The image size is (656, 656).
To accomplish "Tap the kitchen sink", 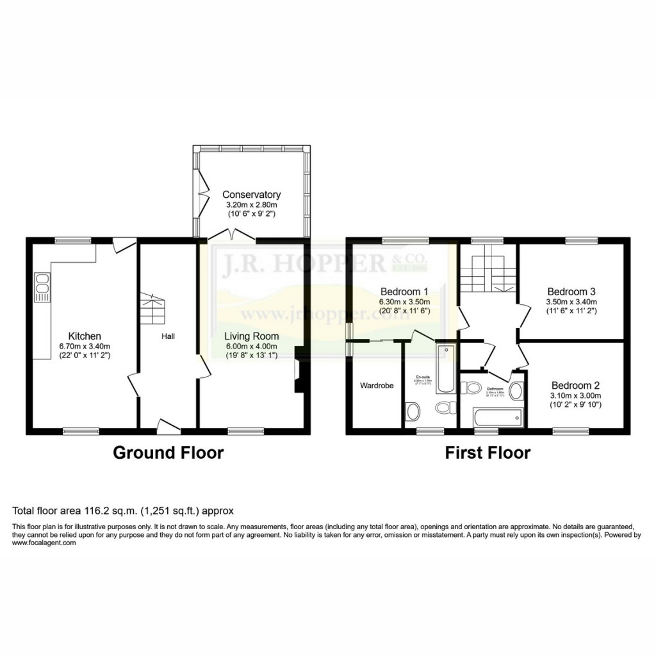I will [x=43, y=288].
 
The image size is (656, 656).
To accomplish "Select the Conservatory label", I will [x=251, y=195].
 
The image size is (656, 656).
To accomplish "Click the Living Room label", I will [x=251, y=336].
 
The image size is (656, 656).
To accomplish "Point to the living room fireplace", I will [x=298, y=370].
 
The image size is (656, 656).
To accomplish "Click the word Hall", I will [x=168, y=336].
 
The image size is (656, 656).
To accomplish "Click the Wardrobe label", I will [x=376, y=386].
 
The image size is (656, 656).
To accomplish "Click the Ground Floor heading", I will [x=168, y=453].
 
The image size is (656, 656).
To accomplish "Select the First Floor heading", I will [x=488, y=453].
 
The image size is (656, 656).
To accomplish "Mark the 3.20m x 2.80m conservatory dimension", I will [x=251, y=205].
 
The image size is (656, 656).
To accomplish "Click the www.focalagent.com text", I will [x=44, y=543].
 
